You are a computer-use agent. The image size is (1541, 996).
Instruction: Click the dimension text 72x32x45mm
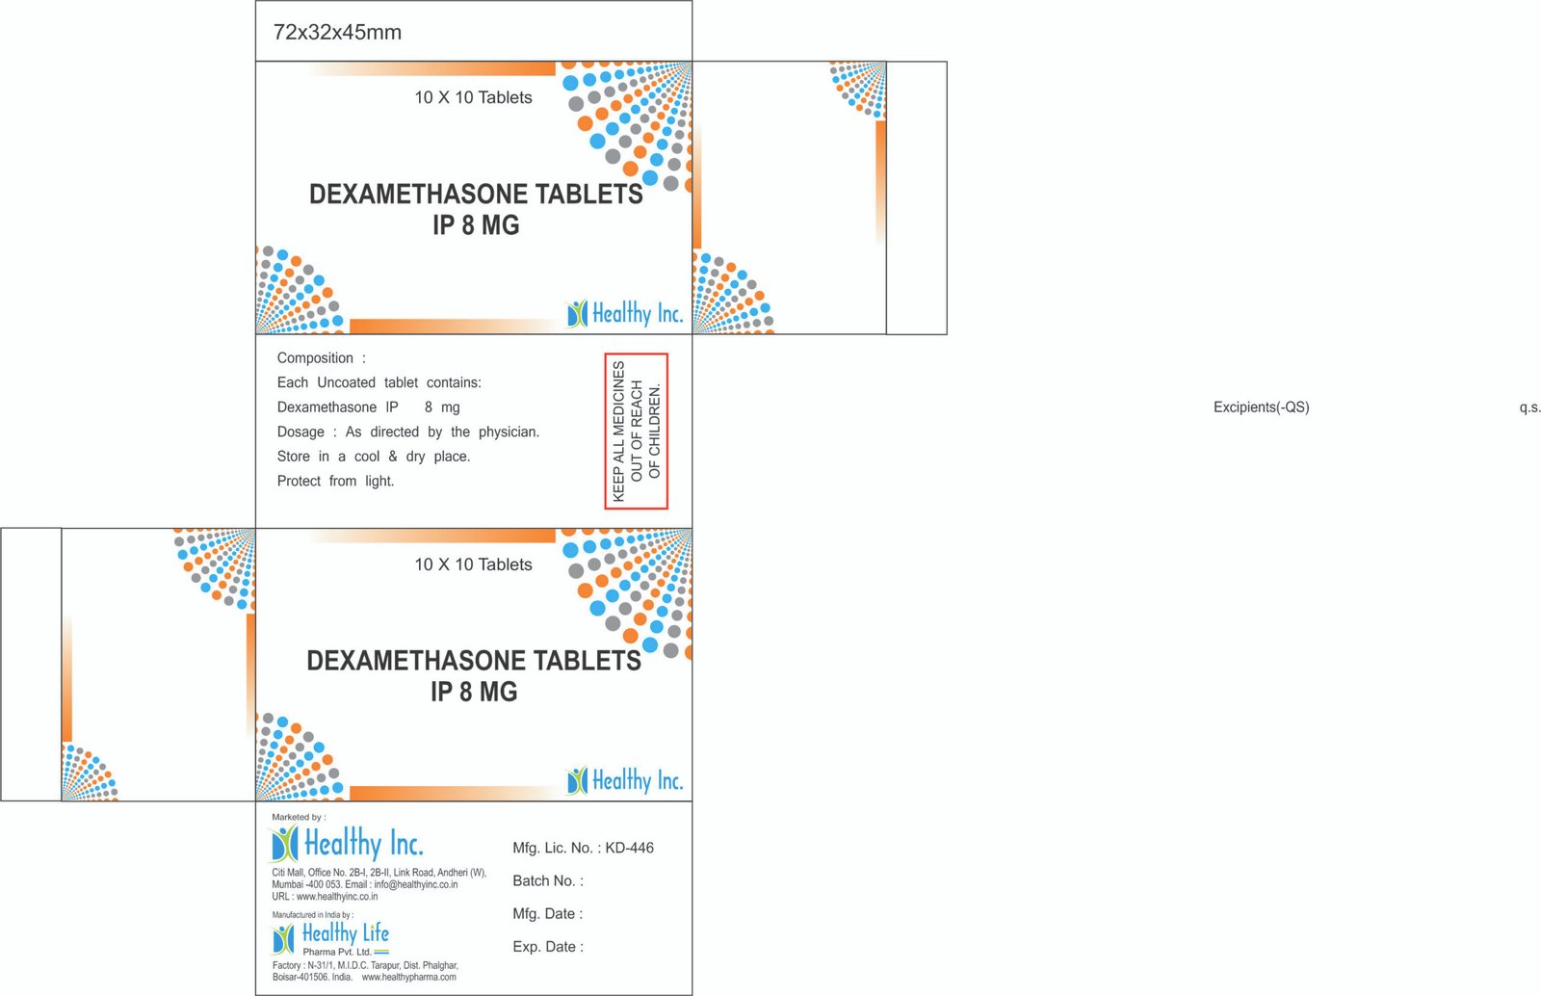tap(337, 33)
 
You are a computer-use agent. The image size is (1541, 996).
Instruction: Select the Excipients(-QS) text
tap(1261, 407)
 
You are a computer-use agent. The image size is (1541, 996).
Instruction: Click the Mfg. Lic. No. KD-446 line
tap(583, 848)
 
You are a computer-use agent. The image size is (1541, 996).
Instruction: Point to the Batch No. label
tap(548, 881)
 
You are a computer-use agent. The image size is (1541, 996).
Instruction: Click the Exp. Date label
tap(548, 947)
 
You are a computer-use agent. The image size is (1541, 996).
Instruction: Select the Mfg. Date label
tap(548, 914)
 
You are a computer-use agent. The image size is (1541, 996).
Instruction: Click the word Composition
tap(315, 358)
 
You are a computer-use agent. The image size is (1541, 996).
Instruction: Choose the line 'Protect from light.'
tap(336, 482)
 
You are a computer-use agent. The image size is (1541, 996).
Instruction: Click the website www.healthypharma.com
tap(408, 978)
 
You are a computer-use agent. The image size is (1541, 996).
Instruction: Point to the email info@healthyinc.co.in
tap(415, 885)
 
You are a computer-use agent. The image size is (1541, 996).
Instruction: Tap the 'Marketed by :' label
tap(299, 817)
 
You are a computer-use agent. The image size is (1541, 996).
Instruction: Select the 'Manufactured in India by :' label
tap(313, 915)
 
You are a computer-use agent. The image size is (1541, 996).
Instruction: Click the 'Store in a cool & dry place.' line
tap(374, 457)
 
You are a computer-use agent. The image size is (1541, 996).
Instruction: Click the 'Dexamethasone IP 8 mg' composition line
tap(368, 407)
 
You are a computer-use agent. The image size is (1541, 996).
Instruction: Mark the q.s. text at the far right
tap(1529, 407)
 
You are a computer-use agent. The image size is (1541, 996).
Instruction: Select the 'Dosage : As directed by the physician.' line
tap(408, 432)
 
